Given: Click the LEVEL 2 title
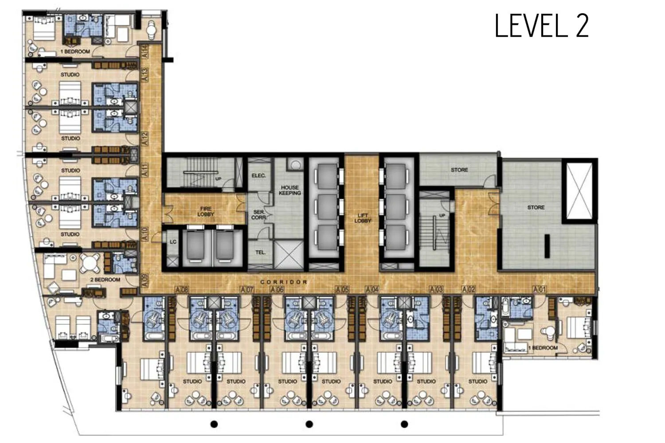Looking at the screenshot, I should (x=541, y=26).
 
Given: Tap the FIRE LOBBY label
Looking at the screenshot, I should (x=206, y=211).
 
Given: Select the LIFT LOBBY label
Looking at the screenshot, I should (x=362, y=218).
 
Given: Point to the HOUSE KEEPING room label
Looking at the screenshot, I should (x=290, y=190).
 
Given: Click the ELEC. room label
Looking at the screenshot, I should (x=258, y=175).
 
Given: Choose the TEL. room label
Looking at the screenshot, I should (x=260, y=253).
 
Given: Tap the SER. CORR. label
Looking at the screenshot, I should (x=258, y=215).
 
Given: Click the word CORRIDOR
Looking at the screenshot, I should (x=284, y=282).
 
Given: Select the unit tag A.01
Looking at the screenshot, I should (x=540, y=289).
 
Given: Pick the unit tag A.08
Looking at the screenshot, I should (x=182, y=289).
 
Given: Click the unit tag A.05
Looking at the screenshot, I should (x=342, y=289).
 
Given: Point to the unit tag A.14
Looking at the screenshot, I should (x=145, y=50).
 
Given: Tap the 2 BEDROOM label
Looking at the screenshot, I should (x=106, y=280).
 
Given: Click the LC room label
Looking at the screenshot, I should (x=173, y=242).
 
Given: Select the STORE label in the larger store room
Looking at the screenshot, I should (x=536, y=207).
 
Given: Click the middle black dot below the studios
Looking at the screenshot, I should (x=309, y=424).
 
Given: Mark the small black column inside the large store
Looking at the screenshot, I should (x=547, y=246).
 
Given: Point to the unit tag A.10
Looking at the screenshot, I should (x=145, y=234).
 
